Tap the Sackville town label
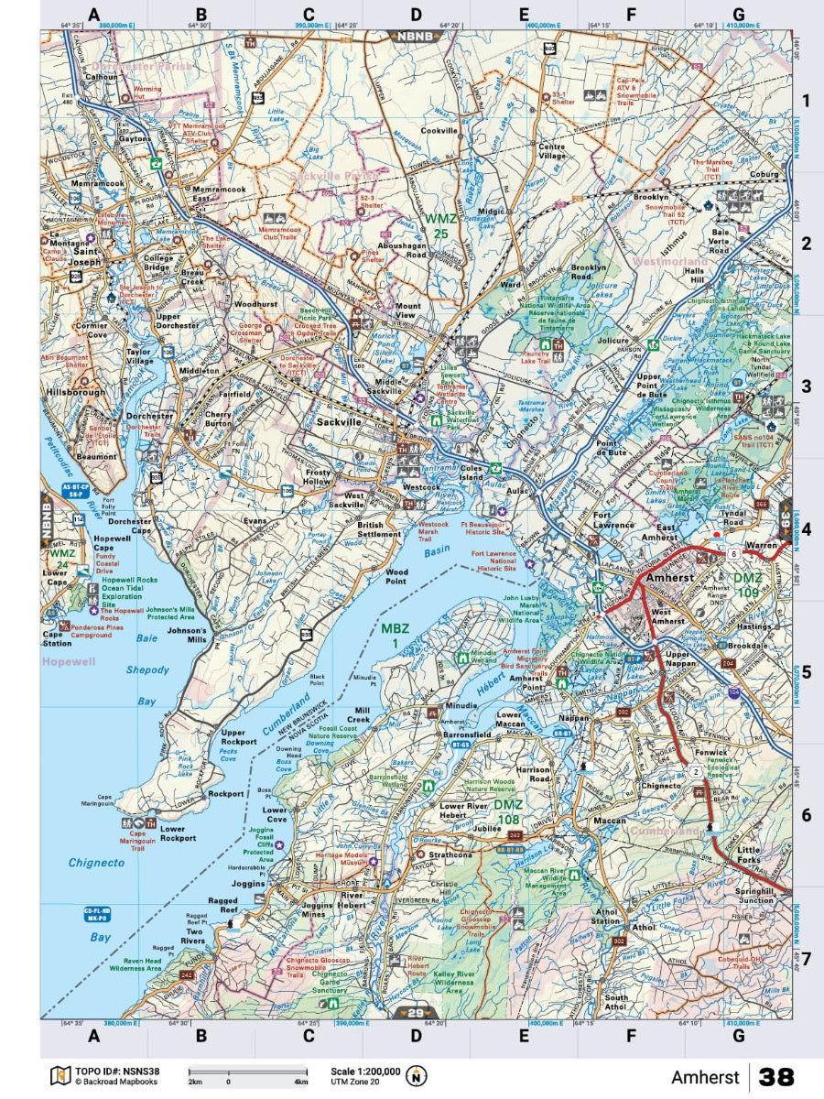(x=341, y=423)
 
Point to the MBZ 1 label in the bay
(x=396, y=636)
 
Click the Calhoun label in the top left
(x=102, y=77)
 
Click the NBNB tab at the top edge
(x=417, y=37)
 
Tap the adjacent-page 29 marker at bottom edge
(x=417, y=1012)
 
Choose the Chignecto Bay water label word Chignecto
(x=96, y=862)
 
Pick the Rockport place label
(x=225, y=794)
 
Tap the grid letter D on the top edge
(x=416, y=15)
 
